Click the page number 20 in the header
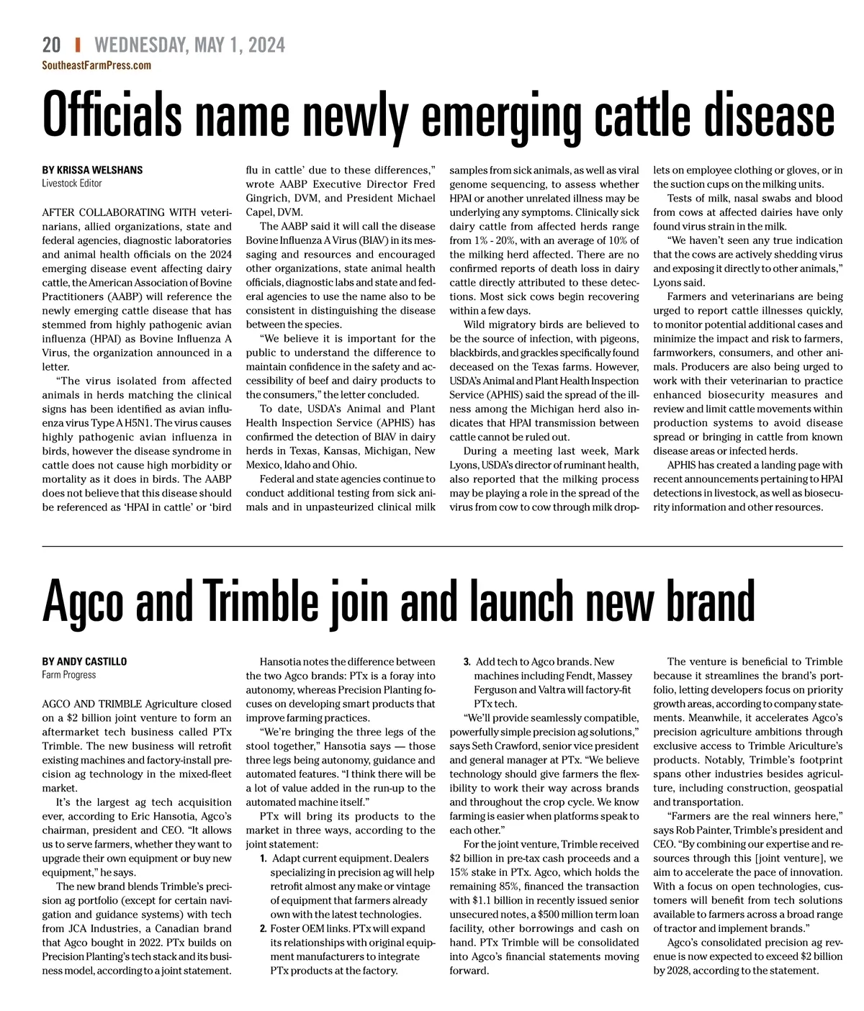point(51,45)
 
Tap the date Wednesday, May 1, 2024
point(189,45)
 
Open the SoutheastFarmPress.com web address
point(96,65)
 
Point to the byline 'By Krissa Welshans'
point(92,170)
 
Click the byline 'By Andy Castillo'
point(84,661)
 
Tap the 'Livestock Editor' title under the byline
point(72,183)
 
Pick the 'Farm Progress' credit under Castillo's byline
point(69,675)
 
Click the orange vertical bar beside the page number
point(77,45)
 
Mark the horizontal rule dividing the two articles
point(442,547)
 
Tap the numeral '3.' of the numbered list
point(467,662)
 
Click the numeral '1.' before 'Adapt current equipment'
point(264,858)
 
